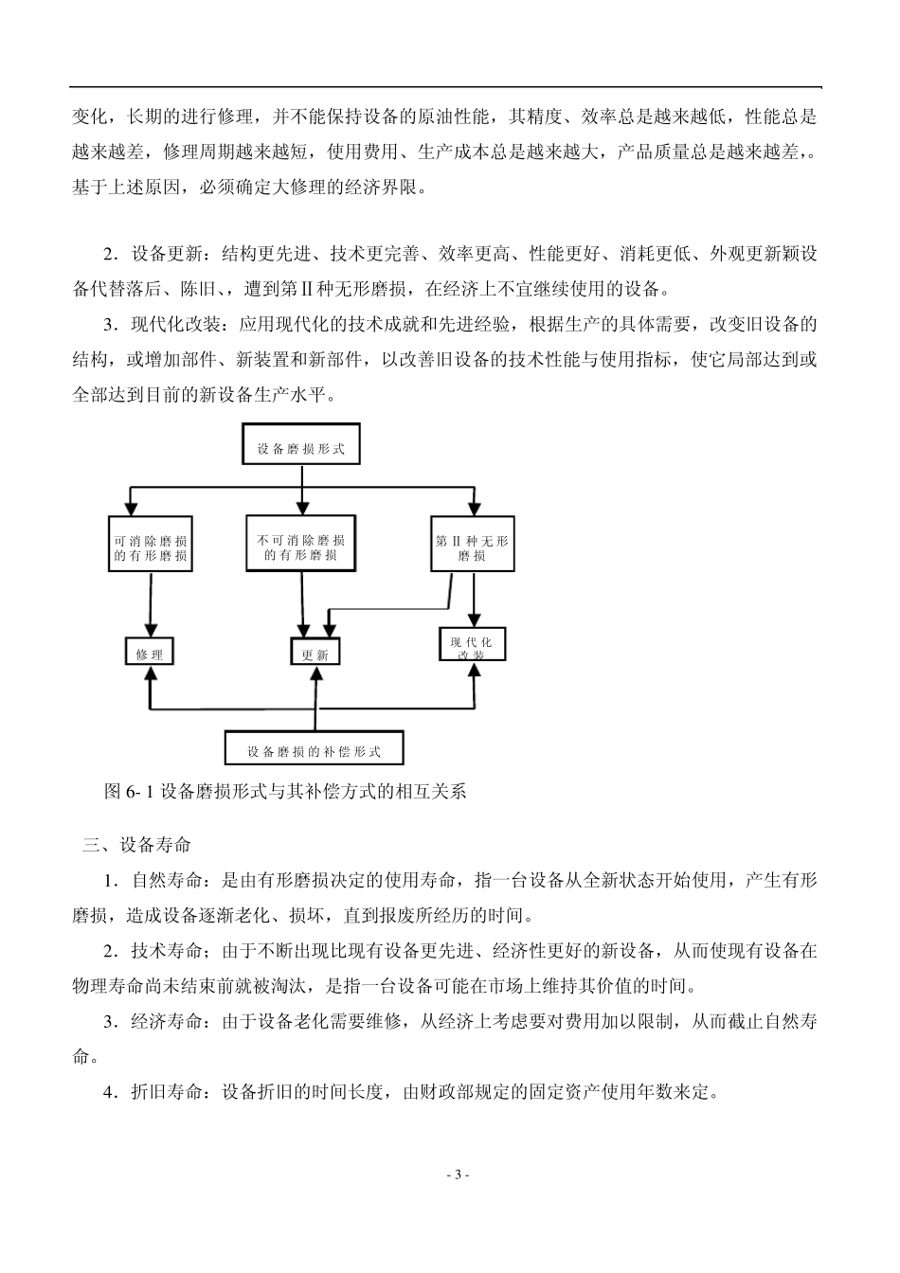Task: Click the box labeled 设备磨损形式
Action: coord(301,448)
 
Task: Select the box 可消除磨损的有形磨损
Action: coord(150,547)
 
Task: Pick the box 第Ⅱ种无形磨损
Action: coord(472,547)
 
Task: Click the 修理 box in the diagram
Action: coord(150,653)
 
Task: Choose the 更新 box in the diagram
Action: coord(315,654)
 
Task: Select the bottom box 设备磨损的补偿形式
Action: coord(315,750)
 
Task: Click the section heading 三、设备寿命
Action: coord(136,845)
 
